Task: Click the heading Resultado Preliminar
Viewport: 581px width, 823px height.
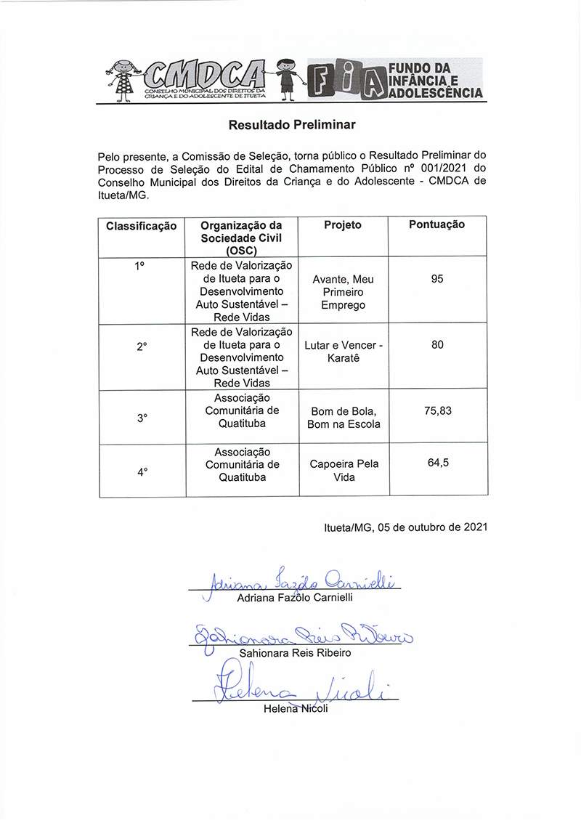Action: tap(292, 125)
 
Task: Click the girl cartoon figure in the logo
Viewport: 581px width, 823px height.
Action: tap(122, 78)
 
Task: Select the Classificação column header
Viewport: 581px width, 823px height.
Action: tap(142, 226)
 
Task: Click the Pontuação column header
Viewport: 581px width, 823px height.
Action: tap(436, 224)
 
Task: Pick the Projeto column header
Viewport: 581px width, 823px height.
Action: tap(343, 225)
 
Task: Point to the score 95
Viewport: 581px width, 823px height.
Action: tap(436, 278)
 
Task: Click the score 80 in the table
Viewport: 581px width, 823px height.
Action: tap(437, 345)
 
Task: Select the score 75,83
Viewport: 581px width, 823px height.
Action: tap(437, 410)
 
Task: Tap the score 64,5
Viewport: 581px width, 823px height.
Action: tap(437, 463)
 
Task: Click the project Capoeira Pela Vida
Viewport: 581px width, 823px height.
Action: tap(344, 470)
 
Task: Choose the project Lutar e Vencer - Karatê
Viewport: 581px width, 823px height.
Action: tap(344, 352)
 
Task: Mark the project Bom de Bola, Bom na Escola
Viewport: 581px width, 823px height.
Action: tap(344, 418)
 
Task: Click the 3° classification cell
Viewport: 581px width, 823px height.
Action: tap(142, 418)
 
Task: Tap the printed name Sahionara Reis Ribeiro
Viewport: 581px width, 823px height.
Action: tap(295, 653)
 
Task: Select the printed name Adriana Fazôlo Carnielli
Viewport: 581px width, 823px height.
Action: tap(295, 598)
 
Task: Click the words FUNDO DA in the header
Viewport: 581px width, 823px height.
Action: tap(420, 68)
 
